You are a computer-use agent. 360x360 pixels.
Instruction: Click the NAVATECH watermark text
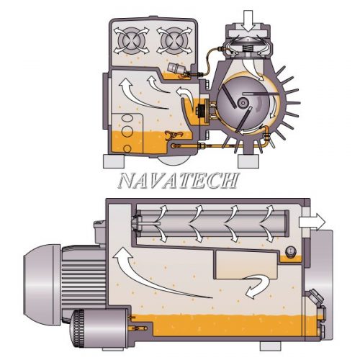[179, 180]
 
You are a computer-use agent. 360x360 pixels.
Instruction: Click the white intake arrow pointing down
[248, 21]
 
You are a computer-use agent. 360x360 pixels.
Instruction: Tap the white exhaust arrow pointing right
[312, 222]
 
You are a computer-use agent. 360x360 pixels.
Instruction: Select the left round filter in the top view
[131, 41]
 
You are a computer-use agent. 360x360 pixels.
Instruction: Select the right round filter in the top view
[174, 41]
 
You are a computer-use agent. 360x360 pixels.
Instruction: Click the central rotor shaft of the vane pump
[243, 103]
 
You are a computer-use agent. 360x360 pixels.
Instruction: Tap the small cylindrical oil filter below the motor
[99, 328]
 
